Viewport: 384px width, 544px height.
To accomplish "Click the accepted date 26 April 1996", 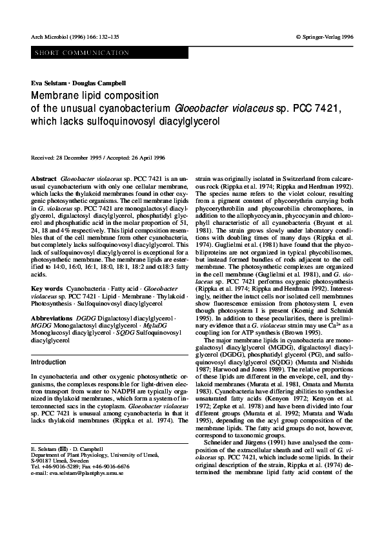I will pos(147,158).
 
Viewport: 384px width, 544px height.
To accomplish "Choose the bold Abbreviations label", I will pos(52,319).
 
